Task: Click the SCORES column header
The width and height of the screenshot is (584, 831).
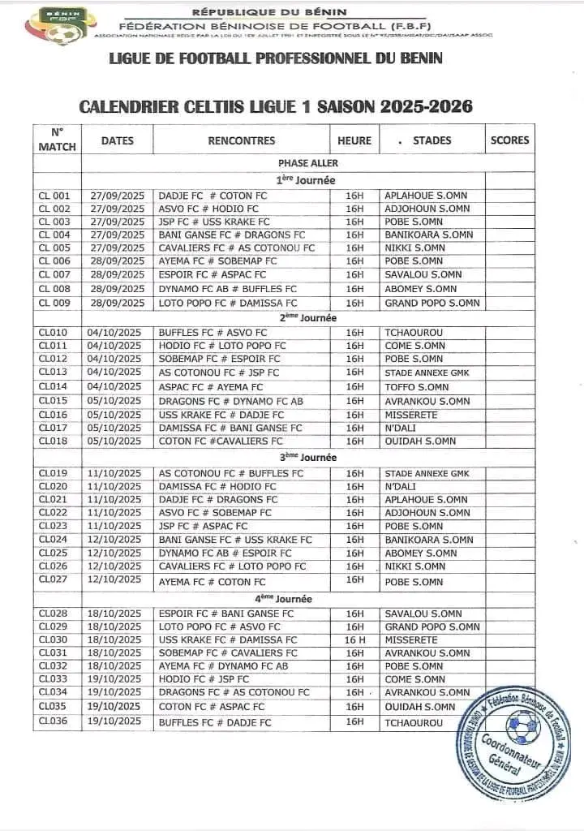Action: click(x=509, y=140)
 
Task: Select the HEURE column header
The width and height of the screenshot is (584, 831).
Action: click(x=354, y=140)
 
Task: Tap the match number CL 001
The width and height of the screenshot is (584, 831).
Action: click(x=56, y=196)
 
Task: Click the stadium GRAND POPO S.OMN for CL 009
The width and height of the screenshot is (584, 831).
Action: click(x=432, y=303)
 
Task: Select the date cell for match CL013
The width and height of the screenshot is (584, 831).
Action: click(x=117, y=372)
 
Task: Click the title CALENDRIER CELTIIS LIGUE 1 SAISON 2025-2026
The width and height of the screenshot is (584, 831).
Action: click(x=275, y=106)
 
